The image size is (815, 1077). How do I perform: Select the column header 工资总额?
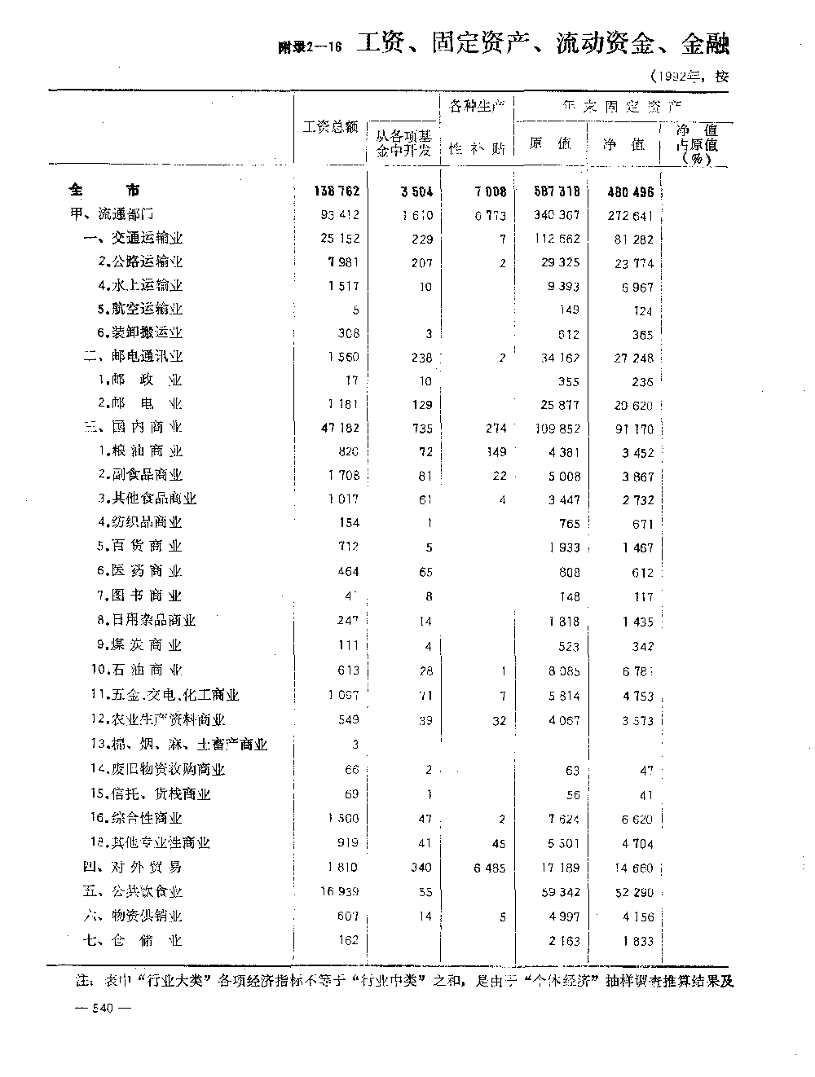coord(330,128)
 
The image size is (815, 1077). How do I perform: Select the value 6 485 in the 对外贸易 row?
coord(489,868)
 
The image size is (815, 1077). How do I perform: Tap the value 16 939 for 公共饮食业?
coord(337,892)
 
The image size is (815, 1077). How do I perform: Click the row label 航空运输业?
coord(140,309)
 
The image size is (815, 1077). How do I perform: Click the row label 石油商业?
coord(137,670)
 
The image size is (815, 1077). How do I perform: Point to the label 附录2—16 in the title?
coord(309,48)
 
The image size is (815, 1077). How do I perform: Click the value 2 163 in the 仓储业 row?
coord(562,941)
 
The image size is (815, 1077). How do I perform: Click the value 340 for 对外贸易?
coord(421,868)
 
